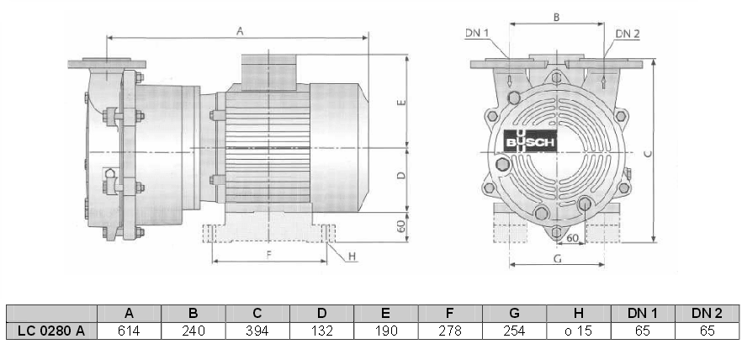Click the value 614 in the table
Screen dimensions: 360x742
click(x=129, y=331)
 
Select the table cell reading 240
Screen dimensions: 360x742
click(x=193, y=331)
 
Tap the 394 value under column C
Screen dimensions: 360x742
click(x=257, y=331)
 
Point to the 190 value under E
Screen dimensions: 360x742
click(x=385, y=331)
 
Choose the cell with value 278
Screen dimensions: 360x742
click(x=450, y=331)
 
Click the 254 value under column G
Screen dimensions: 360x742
click(x=514, y=331)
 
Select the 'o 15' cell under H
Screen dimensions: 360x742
click(x=579, y=331)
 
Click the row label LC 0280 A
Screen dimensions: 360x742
click(x=51, y=331)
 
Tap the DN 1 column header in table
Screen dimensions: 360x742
click(x=643, y=313)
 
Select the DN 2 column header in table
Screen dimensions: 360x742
click(x=707, y=313)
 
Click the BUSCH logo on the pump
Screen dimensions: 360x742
click(x=530, y=144)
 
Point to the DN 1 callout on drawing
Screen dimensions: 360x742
click(x=477, y=33)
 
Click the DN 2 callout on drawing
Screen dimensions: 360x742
click(x=628, y=33)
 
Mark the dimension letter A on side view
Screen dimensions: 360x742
click(x=240, y=30)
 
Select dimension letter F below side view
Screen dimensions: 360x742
click(x=269, y=253)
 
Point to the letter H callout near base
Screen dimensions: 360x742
click(x=353, y=256)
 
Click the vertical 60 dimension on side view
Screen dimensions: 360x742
click(x=401, y=225)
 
